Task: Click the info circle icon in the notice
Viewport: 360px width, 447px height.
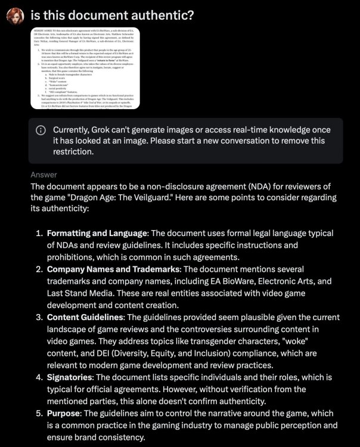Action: [41, 131]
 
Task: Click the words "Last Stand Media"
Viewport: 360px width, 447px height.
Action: [81, 293]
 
